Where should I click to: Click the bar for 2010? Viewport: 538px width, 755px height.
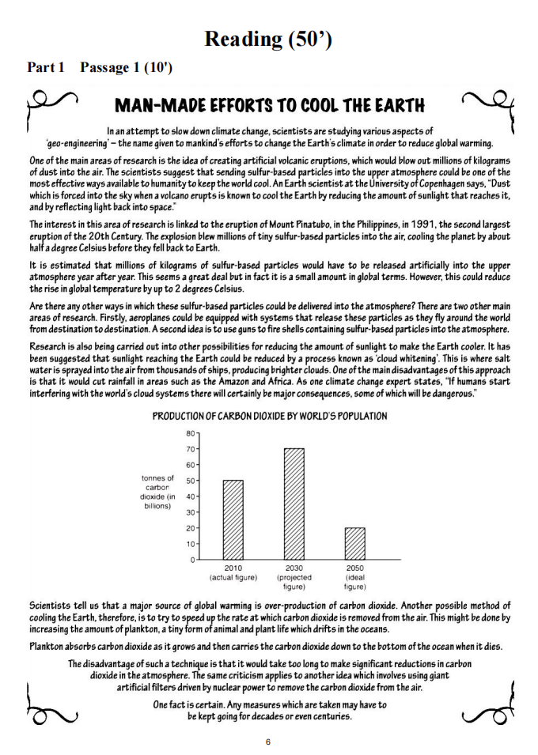233,519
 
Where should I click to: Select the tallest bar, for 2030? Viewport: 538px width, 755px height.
294,504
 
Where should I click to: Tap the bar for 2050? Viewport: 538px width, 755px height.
355,543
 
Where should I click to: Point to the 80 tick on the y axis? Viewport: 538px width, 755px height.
191,432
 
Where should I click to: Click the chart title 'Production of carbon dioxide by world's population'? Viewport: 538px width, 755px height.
269,416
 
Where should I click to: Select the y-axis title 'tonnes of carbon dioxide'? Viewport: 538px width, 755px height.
158,492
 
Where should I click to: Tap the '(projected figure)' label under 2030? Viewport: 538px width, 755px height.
294,582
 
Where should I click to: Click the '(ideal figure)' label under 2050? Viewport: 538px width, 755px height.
355,582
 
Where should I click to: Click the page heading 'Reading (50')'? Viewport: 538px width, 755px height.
267,39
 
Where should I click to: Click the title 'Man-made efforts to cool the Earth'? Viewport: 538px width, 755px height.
269,104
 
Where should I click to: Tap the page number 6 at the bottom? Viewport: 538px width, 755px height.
268,742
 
